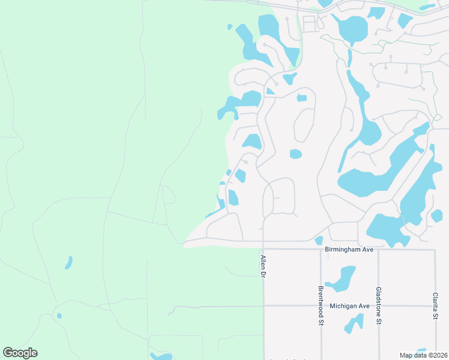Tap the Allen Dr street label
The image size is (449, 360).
(x=262, y=266)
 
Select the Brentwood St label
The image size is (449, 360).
(x=321, y=305)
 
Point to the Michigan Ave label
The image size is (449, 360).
(x=350, y=305)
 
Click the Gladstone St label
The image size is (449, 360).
(x=378, y=305)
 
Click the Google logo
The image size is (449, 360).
(x=20, y=353)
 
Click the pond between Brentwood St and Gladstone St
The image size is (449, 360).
(x=342, y=278)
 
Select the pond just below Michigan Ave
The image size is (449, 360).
(x=354, y=323)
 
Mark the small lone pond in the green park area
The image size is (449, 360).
(x=68, y=263)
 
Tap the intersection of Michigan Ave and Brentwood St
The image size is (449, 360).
(x=321, y=305)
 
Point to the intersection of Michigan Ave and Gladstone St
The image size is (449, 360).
(x=378, y=305)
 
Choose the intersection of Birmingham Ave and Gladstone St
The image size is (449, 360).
(x=378, y=249)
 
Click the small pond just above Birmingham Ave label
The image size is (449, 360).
(x=318, y=241)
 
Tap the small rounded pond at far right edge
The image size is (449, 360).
(x=437, y=215)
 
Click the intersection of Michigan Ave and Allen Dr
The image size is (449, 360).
(x=264, y=305)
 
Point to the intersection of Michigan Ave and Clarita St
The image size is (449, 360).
(x=435, y=305)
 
